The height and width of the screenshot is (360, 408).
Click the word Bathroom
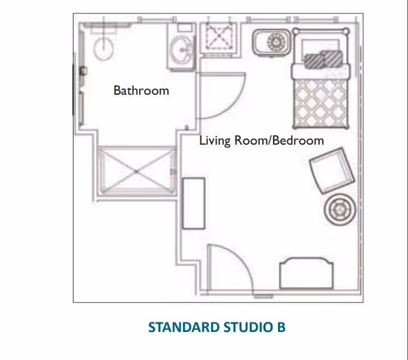click(141, 90)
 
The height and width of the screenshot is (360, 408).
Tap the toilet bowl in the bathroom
click(103, 47)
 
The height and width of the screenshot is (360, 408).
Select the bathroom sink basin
click(183, 48)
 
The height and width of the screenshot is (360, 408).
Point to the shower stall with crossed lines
click(135, 171)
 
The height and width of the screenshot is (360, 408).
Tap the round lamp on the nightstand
click(277, 43)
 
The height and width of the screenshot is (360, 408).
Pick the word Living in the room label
click(216, 140)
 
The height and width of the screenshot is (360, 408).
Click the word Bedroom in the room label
click(298, 140)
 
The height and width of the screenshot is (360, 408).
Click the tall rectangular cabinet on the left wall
click(193, 203)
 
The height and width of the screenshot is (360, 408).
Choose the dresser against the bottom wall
click(306, 274)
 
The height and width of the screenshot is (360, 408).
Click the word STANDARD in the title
click(184, 328)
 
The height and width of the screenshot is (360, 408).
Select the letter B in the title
click(280, 328)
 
